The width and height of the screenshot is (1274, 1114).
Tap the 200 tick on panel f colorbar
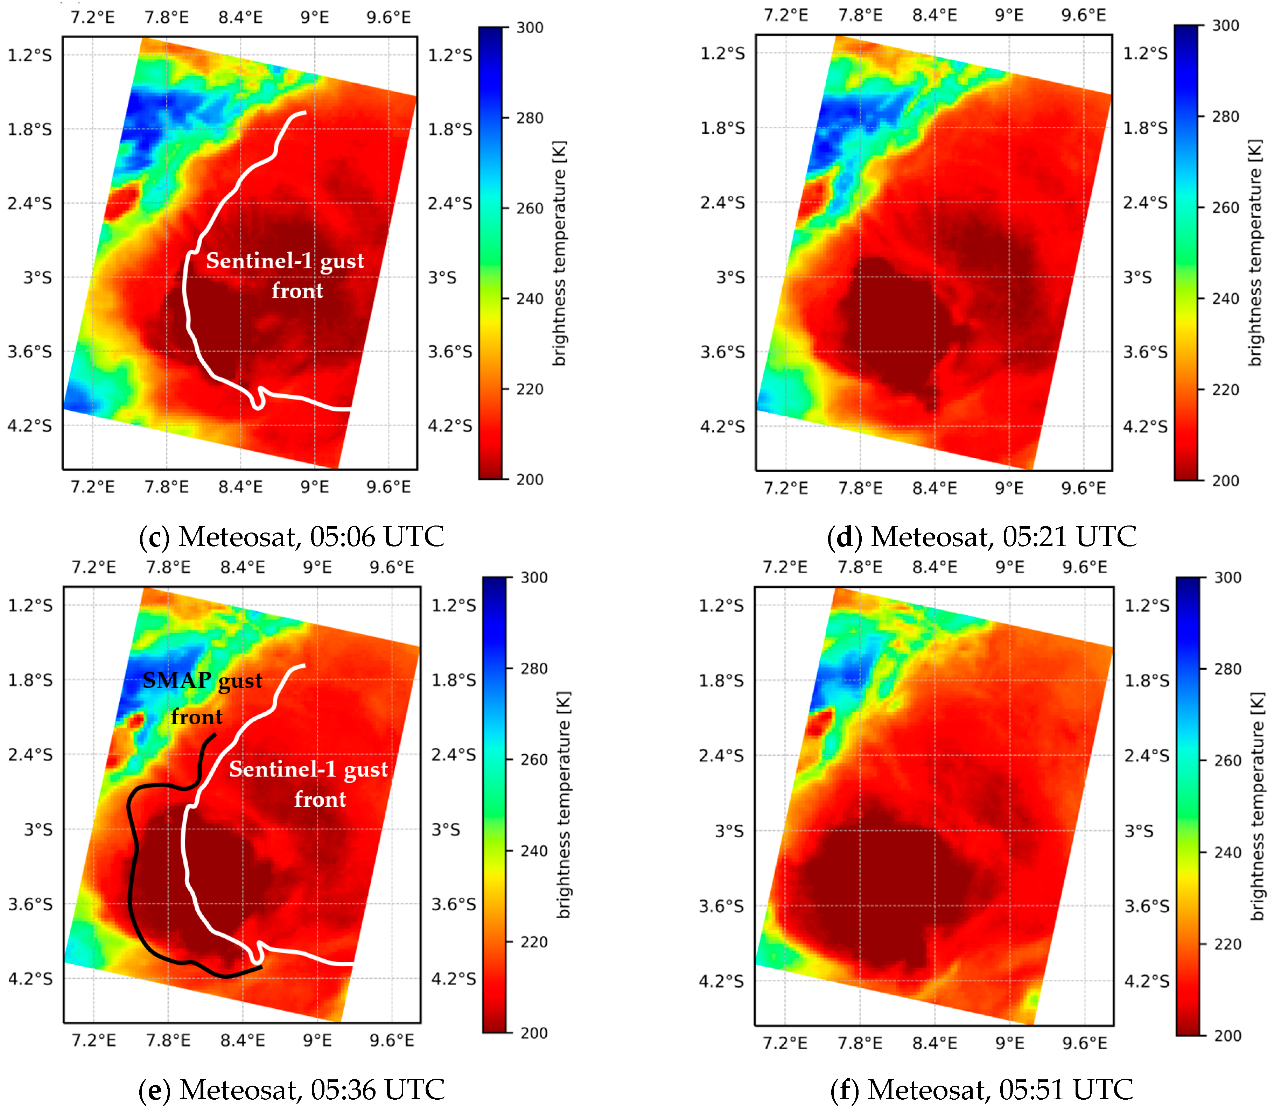point(1227,1036)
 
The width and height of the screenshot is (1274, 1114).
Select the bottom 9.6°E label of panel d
point(1084,488)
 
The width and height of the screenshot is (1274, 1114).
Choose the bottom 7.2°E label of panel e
point(94,1040)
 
